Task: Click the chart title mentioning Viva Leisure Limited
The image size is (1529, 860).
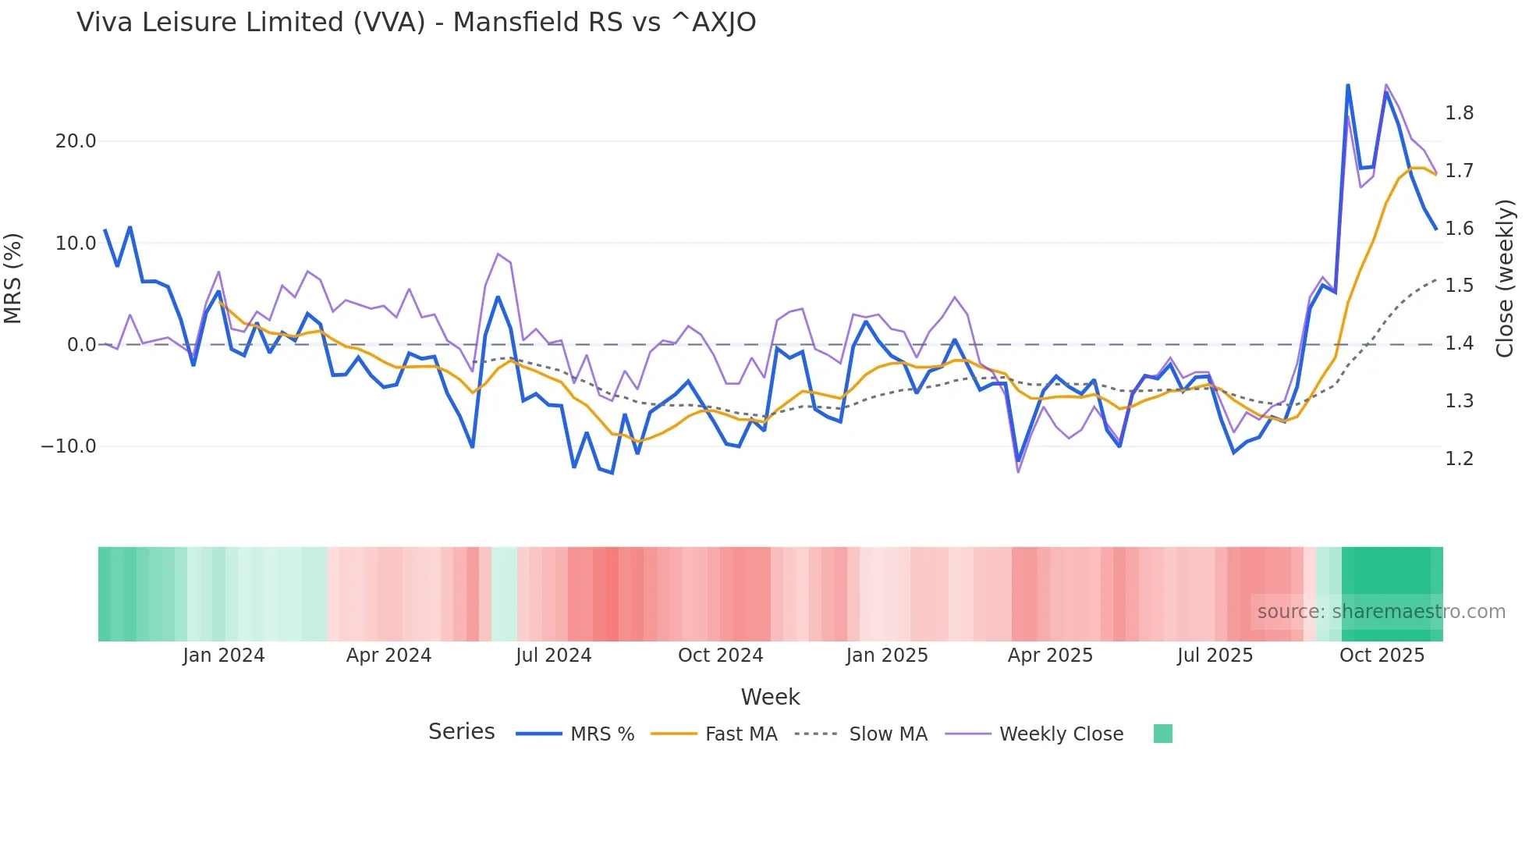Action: click(416, 23)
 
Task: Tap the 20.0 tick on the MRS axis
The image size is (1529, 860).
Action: click(76, 141)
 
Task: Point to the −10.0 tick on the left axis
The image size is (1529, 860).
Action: click(69, 446)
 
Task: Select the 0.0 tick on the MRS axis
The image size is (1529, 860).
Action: click(81, 345)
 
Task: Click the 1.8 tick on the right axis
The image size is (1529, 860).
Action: click(1459, 114)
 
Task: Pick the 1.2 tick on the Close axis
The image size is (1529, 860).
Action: click(1459, 459)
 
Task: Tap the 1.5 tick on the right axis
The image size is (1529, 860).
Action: click(1459, 286)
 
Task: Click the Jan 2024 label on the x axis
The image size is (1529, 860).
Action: click(224, 656)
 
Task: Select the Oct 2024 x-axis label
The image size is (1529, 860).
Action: click(720, 656)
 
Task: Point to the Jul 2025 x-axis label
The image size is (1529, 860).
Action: click(1215, 656)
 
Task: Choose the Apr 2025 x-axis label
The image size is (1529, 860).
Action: click(1050, 656)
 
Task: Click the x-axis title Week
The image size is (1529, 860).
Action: click(770, 697)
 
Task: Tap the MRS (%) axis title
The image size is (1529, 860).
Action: click(13, 279)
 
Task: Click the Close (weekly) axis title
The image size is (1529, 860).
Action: click(1505, 279)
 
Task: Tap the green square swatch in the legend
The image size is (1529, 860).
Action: click(1162, 734)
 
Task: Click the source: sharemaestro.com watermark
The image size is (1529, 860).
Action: click(1381, 612)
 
